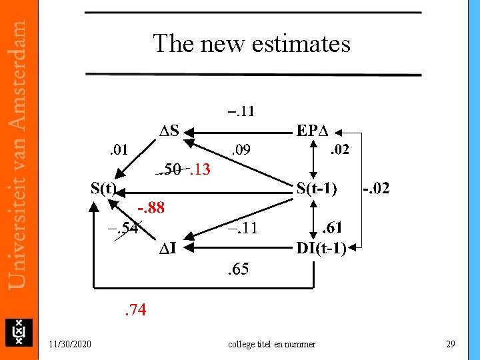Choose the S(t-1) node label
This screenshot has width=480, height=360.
point(317,188)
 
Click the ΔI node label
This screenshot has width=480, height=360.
point(167,249)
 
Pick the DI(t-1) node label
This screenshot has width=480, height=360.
point(321,249)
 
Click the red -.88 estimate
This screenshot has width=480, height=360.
point(151,208)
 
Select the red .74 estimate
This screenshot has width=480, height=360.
point(135,309)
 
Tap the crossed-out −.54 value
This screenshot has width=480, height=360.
point(123,229)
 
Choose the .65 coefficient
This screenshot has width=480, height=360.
point(237,269)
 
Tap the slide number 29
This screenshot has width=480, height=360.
point(450,344)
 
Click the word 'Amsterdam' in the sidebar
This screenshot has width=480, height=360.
point(19,73)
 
